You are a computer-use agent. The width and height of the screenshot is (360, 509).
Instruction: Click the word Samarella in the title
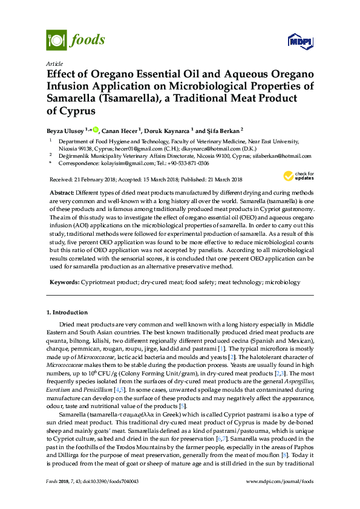74,98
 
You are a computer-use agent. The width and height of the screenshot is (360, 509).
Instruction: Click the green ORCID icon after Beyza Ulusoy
95,129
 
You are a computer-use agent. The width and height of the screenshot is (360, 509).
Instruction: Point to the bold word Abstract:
65,190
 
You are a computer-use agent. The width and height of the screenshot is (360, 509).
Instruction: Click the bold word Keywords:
65,282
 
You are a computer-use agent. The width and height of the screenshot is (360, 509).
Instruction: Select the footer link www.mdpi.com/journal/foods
281,498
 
